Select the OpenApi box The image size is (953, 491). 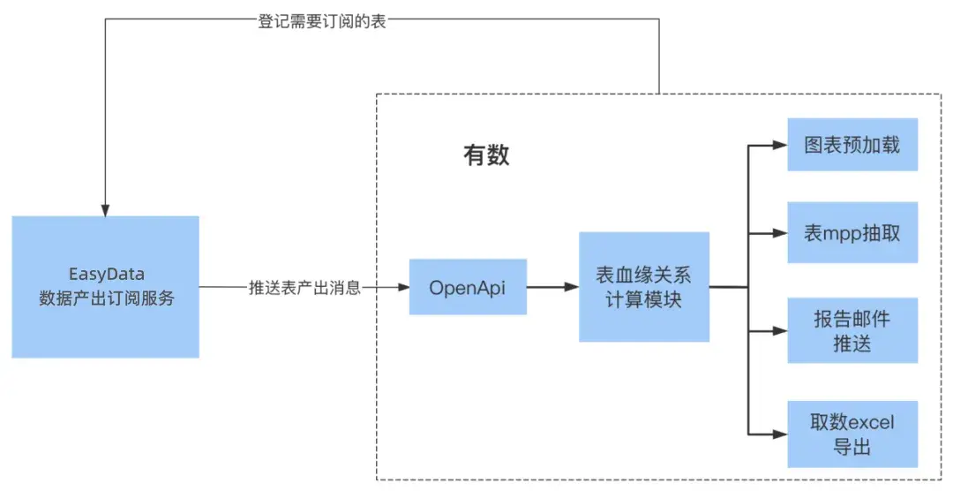tap(468, 287)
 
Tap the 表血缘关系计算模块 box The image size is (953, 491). tap(644, 287)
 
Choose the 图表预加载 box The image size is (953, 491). tap(852, 145)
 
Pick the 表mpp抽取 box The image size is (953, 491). tap(852, 233)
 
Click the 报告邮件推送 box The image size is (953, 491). tap(852, 330)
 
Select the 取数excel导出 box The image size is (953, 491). tap(852, 434)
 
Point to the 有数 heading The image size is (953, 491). tap(487, 156)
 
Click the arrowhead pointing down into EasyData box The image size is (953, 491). tap(105, 208)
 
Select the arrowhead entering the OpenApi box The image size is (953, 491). tap(401, 288)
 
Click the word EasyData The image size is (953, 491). tap(106, 275)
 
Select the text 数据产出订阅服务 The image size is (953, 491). tap(107, 298)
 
